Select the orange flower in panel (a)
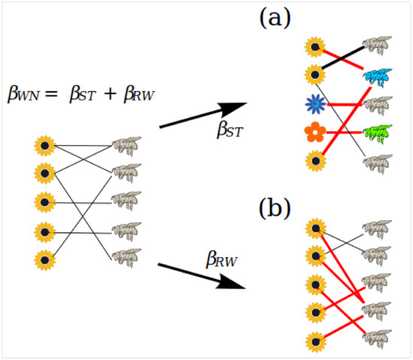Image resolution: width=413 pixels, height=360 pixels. click(x=315, y=133)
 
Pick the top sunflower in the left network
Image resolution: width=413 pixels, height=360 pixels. click(x=45, y=144)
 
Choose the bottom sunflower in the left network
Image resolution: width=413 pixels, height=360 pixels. click(x=45, y=260)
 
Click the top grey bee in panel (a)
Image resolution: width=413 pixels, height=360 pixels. click(x=375, y=45)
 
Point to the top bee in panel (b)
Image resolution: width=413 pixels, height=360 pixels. click(x=375, y=227)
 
